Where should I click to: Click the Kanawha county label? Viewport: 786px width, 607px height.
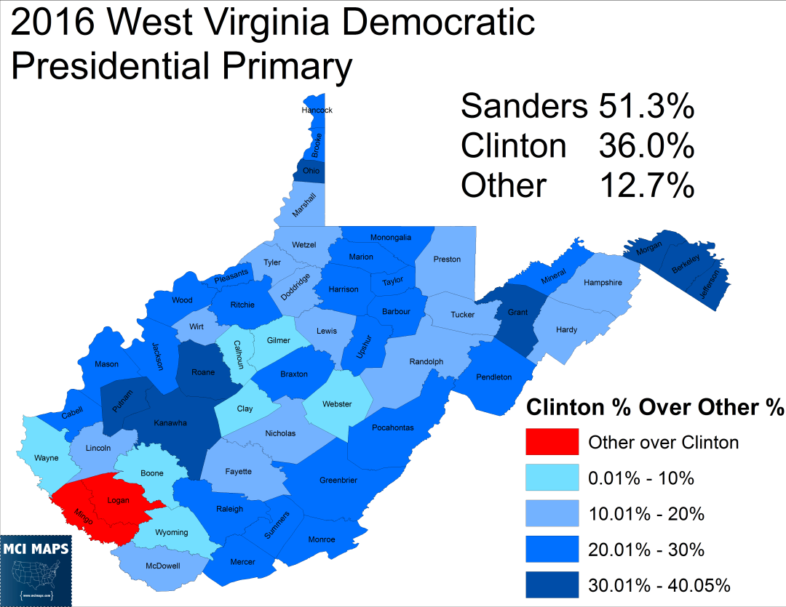pos(170,423)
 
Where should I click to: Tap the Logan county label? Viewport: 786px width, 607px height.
pos(118,500)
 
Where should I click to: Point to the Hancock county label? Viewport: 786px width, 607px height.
pos(317,110)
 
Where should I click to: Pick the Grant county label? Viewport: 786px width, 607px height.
pos(517,313)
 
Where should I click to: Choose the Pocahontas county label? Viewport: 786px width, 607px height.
pos(392,427)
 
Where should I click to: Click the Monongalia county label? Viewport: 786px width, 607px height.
pos(391,237)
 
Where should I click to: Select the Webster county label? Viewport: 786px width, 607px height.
pos(337,404)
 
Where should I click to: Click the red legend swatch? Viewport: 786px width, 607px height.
pos(552,441)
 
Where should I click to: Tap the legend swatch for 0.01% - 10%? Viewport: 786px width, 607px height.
pos(552,477)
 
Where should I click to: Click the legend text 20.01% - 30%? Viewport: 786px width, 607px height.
pos(646,550)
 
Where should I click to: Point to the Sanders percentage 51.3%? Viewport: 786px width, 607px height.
pos(646,107)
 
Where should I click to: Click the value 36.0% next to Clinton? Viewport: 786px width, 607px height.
pos(646,146)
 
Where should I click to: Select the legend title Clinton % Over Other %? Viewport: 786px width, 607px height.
pos(654,406)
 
